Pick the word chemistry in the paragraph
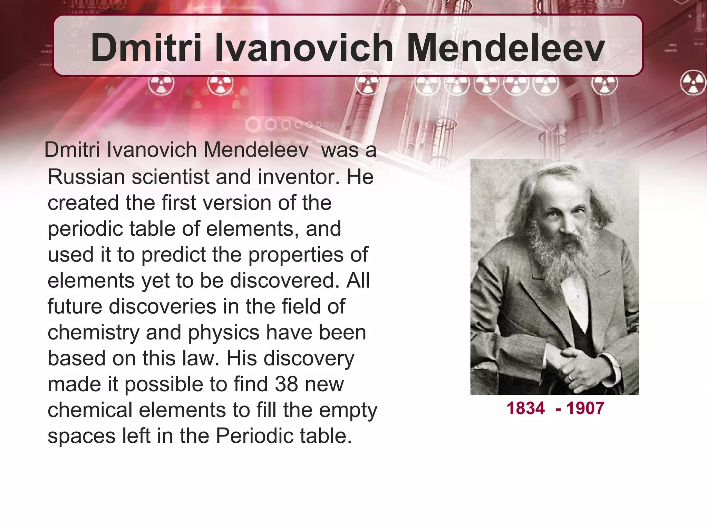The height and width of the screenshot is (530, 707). pos(93,333)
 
